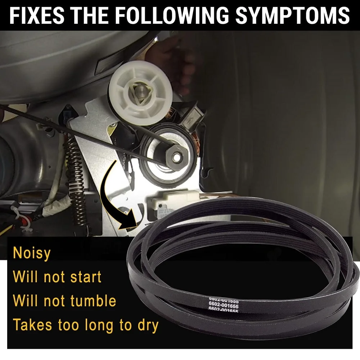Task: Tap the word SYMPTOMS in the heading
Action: [292, 15]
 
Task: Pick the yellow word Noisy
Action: [32, 253]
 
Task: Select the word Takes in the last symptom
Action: [32, 325]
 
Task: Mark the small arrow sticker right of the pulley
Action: [190, 120]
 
